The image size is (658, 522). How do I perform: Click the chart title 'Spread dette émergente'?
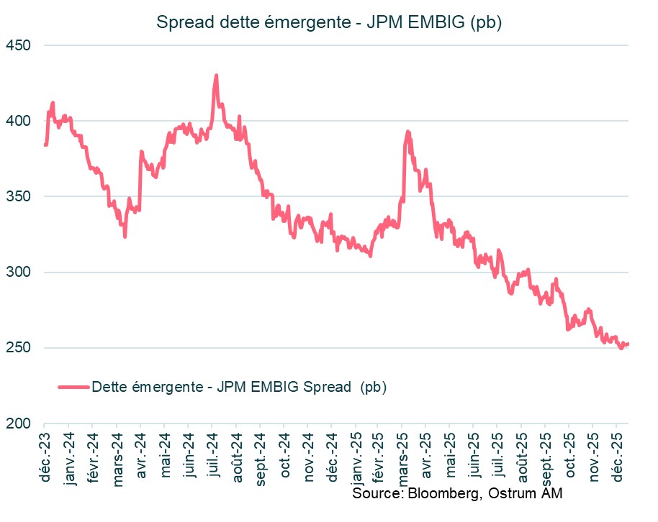[328, 22]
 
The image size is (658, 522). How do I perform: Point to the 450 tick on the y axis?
[22, 45]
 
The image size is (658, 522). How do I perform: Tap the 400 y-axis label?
[22, 121]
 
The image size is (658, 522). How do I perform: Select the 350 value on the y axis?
[22, 196]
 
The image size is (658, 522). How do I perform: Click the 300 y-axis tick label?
[22, 272]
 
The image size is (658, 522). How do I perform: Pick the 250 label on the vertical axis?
[22, 348]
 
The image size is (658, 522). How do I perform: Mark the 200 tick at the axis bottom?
[22, 423]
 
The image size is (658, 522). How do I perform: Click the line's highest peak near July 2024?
[216, 75]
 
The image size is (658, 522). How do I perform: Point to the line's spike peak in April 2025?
[408, 132]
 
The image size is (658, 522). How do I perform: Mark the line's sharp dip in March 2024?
[125, 236]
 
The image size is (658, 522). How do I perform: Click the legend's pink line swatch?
[73, 387]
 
